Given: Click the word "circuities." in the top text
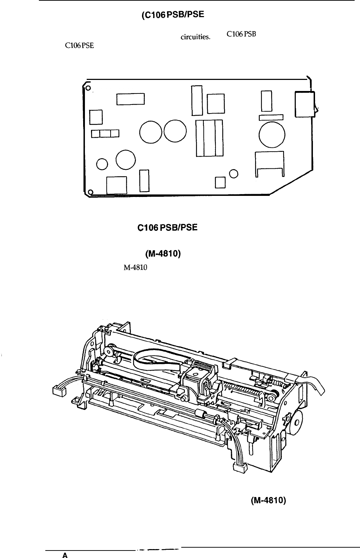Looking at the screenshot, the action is coord(196,37).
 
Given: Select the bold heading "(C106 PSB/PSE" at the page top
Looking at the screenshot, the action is coord(173,15).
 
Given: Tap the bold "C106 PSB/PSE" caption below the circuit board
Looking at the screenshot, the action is coord(167,227).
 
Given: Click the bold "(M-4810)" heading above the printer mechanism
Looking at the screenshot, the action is coord(163,254).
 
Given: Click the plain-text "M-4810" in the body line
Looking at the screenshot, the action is coord(136,268).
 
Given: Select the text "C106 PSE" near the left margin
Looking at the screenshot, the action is coord(80,46).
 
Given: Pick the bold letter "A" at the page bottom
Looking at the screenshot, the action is coord(65,555).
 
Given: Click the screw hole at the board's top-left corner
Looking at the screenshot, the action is coord(88,88).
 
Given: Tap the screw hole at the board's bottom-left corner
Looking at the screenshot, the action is coord(91,192).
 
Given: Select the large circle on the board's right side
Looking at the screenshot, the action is coord(272,135).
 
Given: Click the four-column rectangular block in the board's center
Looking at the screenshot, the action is coord(209,138).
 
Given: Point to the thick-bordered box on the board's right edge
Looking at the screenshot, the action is coord(305,104).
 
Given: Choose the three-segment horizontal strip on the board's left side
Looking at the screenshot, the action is coord(105,133).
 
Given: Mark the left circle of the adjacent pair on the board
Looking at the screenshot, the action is coord(151,132).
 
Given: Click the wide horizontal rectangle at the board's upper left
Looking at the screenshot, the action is coord(131,99).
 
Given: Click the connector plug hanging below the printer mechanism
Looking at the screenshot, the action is coord(240,468).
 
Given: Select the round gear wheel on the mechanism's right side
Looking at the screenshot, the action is coord(296,422).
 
